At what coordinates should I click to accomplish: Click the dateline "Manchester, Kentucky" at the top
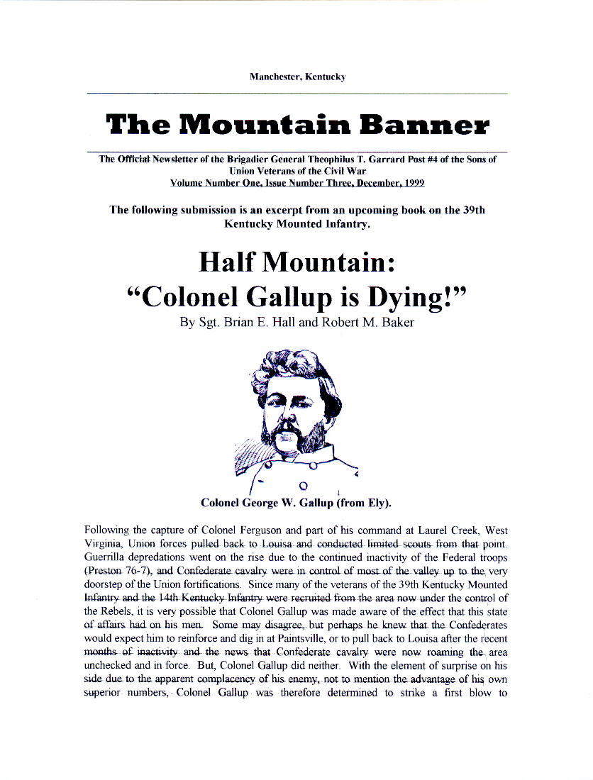[296, 77]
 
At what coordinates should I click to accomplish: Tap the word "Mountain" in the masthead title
[258, 126]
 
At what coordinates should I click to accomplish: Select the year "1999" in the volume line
[411, 182]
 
